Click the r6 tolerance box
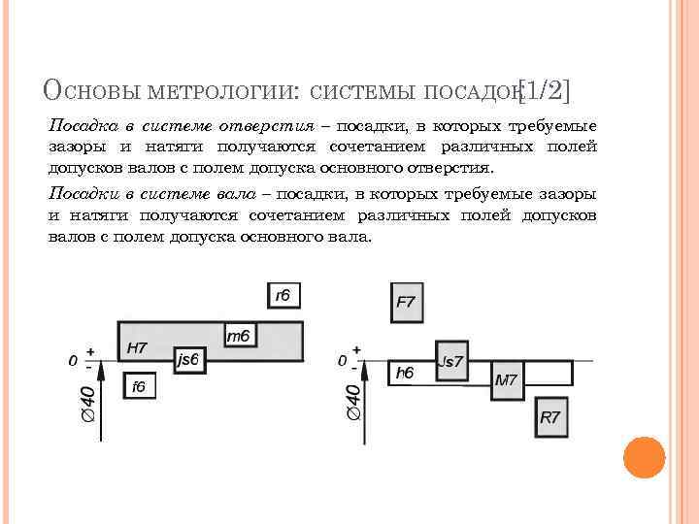click(x=283, y=296)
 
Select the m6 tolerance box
click(x=239, y=336)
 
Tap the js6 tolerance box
click(x=188, y=359)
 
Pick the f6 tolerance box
click(x=139, y=386)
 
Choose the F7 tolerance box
click(x=406, y=302)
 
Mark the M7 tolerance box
click(x=507, y=380)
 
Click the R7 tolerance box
click(x=550, y=418)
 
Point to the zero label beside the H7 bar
click(x=73, y=360)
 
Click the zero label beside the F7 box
click(x=342, y=360)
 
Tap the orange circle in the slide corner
click(x=643, y=457)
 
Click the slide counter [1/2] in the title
click(x=545, y=92)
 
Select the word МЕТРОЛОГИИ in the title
click(x=224, y=92)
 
